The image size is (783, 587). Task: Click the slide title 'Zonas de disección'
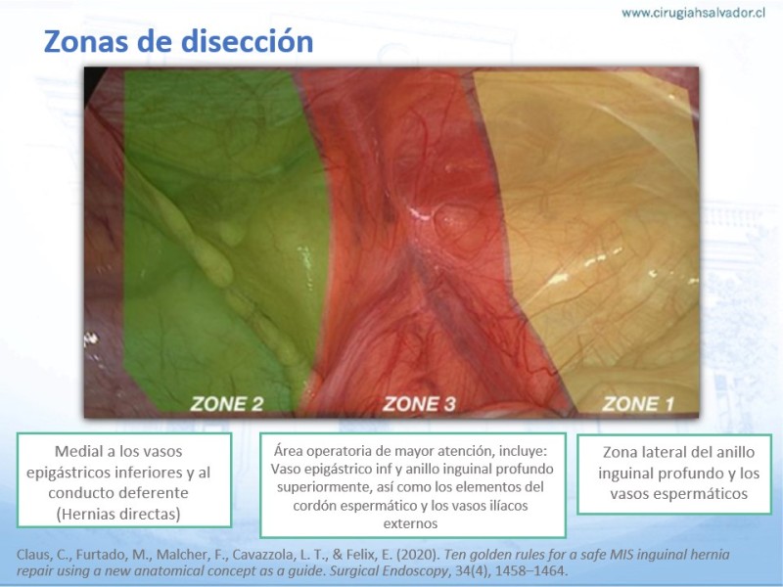(178, 41)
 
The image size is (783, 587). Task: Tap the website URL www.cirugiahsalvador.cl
(693, 13)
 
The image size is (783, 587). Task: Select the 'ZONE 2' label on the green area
(227, 404)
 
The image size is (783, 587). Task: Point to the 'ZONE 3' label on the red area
(419, 404)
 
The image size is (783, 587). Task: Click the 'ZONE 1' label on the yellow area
(638, 404)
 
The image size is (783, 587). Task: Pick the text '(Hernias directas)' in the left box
(118, 514)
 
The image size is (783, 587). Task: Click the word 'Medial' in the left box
(78, 451)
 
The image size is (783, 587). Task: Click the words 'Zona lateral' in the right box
(642, 452)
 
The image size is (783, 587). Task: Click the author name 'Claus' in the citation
(33, 555)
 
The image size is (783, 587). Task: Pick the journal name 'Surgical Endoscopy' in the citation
(389, 570)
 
